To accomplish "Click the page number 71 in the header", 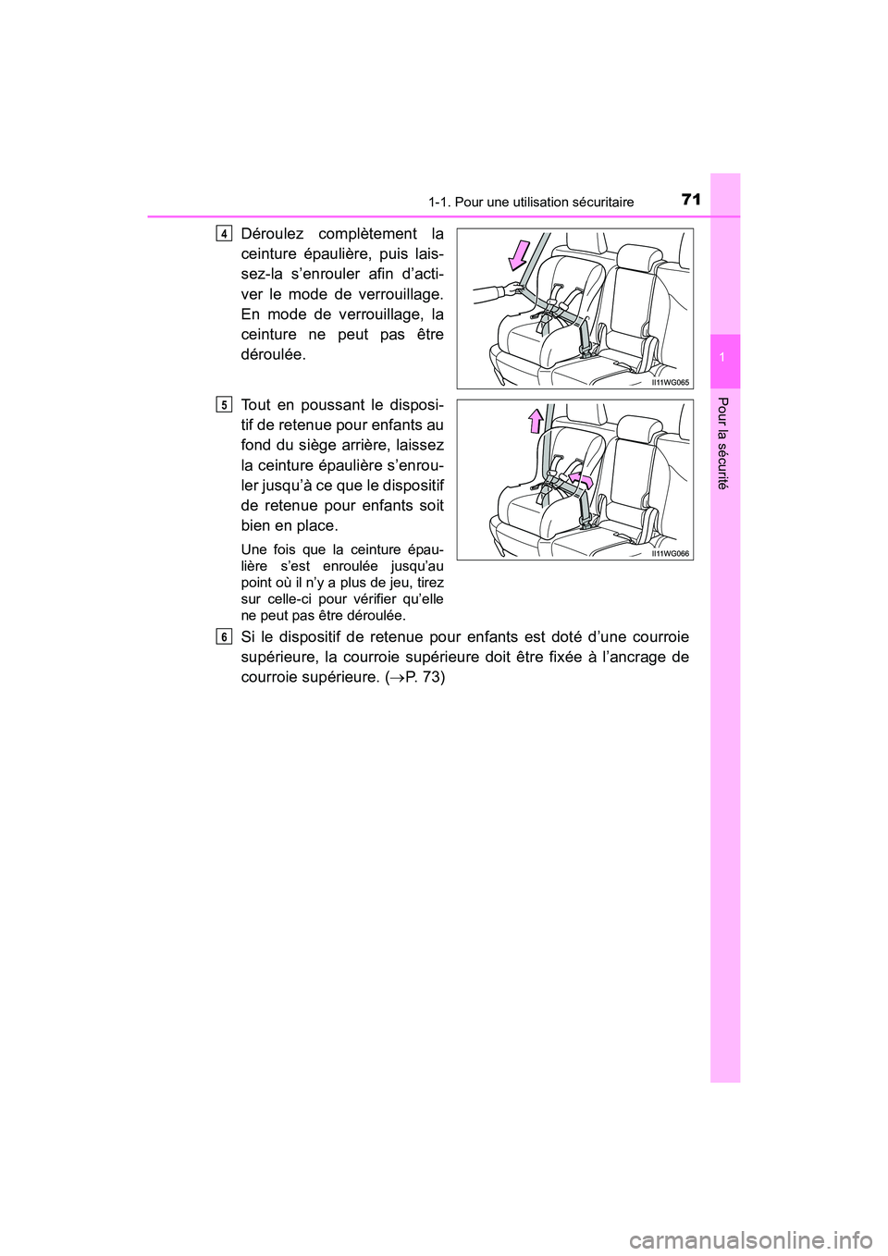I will (690, 200).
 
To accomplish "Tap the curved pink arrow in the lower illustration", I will (581, 477).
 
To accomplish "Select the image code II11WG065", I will (670, 381).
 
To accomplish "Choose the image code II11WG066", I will (670, 552).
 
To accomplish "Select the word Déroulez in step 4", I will (272, 233).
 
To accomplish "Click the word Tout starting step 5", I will (255, 404).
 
